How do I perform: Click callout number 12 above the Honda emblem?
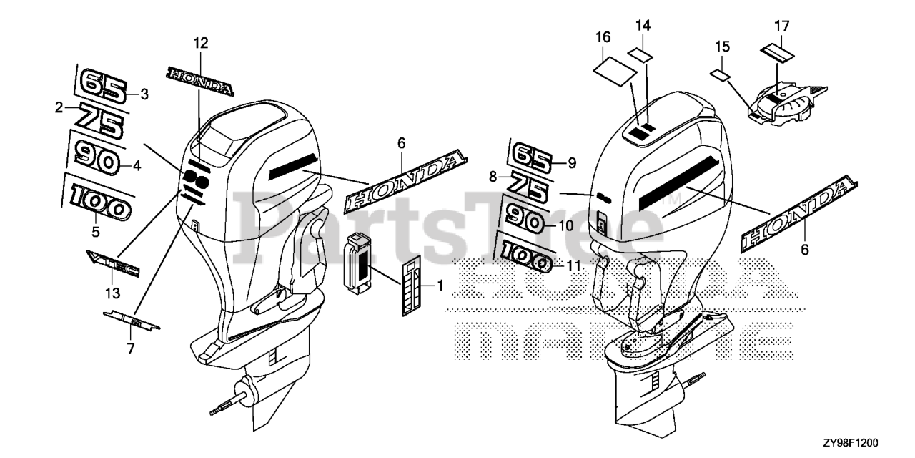(x=200, y=44)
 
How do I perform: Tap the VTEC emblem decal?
(x=113, y=263)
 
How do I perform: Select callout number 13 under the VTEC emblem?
(x=113, y=293)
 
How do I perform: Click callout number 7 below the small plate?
(x=130, y=349)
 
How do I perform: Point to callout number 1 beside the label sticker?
(x=440, y=286)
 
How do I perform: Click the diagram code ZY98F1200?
(x=874, y=444)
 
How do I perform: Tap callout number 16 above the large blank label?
(x=603, y=37)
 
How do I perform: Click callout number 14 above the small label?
(x=643, y=26)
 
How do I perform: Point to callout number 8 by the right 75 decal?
(x=493, y=175)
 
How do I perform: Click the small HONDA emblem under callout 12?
(x=200, y=81)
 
